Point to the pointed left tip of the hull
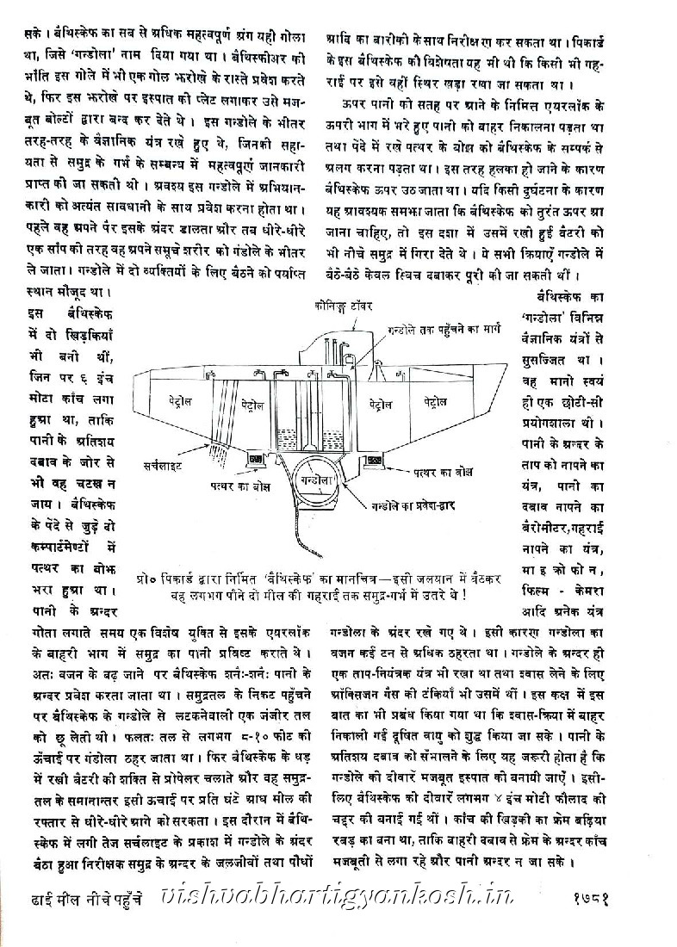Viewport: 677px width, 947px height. pos(140,374)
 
